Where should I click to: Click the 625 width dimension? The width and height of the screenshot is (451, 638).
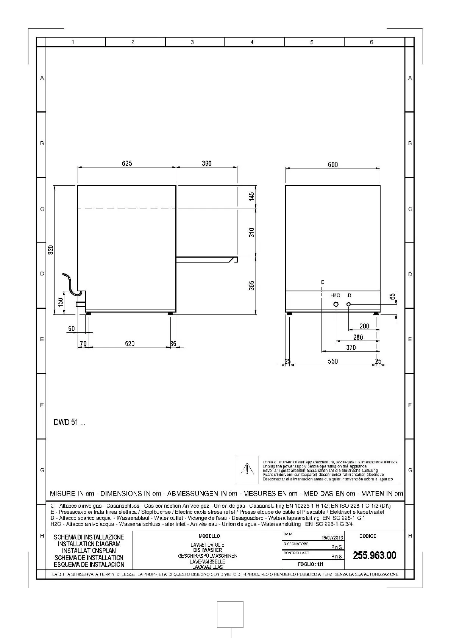point(127,163)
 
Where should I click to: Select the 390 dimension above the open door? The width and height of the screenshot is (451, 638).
point(206,163)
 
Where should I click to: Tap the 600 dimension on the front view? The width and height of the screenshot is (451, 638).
point(333,164)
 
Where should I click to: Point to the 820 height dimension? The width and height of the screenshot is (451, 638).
point(51,250)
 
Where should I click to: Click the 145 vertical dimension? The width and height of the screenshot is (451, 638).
point(252,197)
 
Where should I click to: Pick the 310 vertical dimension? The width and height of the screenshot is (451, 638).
point(252,232)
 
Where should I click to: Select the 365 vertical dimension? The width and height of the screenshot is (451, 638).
point(252,285)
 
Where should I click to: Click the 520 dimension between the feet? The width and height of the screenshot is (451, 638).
point(130,344)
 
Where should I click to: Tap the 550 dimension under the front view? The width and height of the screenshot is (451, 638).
point(332,361)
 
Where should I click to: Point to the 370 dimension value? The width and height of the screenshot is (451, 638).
point(351,347)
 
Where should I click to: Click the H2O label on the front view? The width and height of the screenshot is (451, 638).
point(335,295)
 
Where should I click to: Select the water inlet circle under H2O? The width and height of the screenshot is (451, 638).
point(336,305)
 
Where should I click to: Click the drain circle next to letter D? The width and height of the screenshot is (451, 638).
point(349,304)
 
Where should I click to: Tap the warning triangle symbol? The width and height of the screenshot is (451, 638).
point(247,469)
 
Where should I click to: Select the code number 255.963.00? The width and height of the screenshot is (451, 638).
point(375,555)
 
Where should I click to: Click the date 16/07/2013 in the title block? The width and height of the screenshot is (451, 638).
point(332,538)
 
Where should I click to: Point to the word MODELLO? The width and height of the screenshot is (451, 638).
point(209,536)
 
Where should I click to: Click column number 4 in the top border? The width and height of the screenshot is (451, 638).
point(252,42)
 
